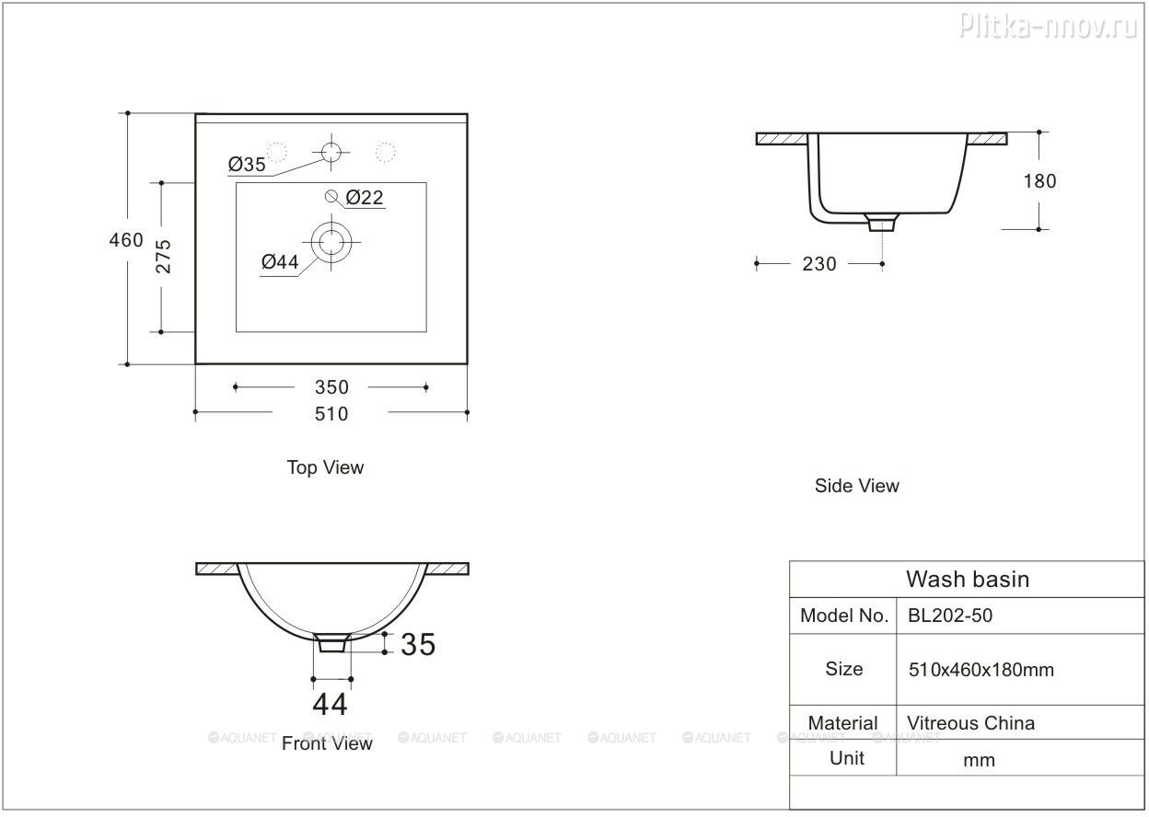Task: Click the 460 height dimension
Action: pos(126,240)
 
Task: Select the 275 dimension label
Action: pos(163,257)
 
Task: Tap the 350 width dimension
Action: pos(331,387)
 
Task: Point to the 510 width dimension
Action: pos(331,414)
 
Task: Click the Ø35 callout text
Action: pos(247,165)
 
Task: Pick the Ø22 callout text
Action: pos(365,197)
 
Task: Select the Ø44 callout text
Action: pos(280,262)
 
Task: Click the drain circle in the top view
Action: pos(331,242)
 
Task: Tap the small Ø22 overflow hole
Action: pos(331,196)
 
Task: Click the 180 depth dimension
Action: pos(1039,181)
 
